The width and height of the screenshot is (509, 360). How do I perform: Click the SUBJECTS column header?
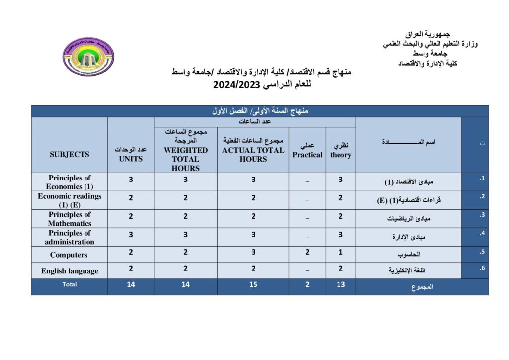tap(70, 154)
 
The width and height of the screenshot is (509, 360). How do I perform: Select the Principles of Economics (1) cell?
tap(70, 182)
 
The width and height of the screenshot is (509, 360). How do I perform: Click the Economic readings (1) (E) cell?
tap(70, 200)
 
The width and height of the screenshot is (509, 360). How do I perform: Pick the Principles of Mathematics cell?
tap(70, 219)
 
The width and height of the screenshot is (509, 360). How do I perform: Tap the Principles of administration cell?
tap(70, 237)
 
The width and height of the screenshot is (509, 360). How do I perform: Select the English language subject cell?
tap(70, 271)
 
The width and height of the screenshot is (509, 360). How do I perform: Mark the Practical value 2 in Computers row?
tap(307, 252)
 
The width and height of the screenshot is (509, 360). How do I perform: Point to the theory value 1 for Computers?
tap(340, 252)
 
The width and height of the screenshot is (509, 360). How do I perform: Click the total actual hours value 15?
tap(253, 285)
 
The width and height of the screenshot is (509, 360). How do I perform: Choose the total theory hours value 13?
tap(340, 285)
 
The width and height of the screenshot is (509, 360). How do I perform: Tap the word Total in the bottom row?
tap(70, 285)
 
